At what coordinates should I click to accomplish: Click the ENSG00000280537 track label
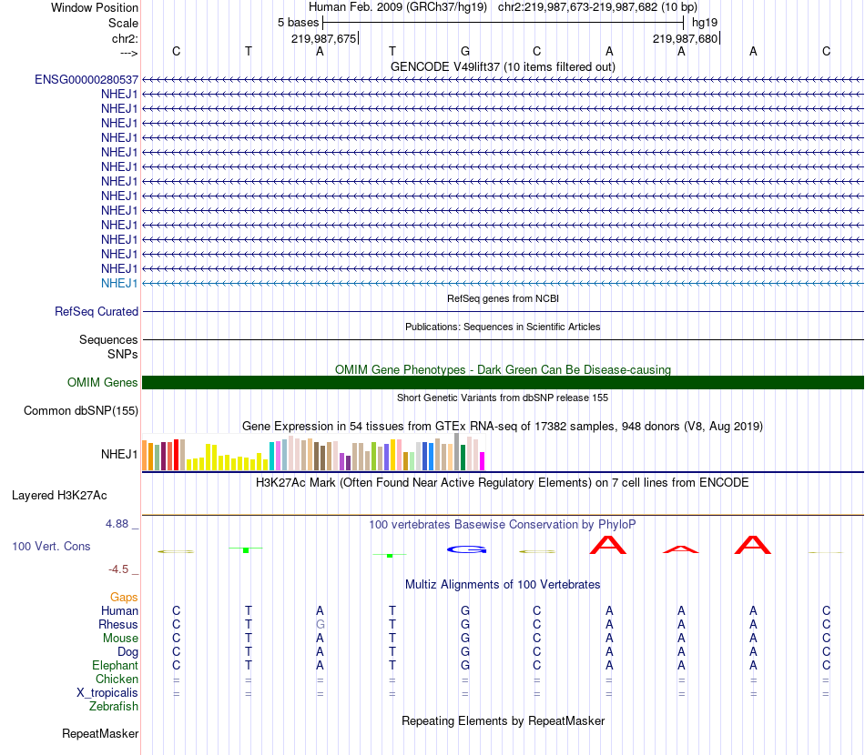click(x=86, y=80)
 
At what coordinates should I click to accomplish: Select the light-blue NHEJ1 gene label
click(x=119, y=284)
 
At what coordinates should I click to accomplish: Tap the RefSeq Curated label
click(x=97, y=312)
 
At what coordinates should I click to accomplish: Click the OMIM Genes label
click(x=103, y=383)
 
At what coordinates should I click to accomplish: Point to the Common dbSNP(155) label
click(x=81, y=411)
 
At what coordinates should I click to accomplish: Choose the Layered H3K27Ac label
click(x=59, y=497)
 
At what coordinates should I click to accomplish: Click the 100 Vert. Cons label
click(x=51, y=547)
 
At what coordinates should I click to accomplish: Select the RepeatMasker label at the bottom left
click(x=100, y=734)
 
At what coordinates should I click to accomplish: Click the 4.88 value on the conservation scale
click(x=118, y=525)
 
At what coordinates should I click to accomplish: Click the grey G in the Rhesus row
click(x=320, y=625)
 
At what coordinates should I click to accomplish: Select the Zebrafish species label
click(x=114, y=707)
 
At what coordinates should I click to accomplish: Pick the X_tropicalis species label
click(x=107, y=693)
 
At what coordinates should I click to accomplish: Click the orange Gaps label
click(x=124, y=598)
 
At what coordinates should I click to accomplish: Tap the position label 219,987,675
click(x=323, y=39)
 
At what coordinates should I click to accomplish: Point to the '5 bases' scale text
click(x=298, y=22)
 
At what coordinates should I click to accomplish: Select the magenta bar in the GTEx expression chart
click(x=482, y=461)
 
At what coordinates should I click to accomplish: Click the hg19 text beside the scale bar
click(x=705, y=22)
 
